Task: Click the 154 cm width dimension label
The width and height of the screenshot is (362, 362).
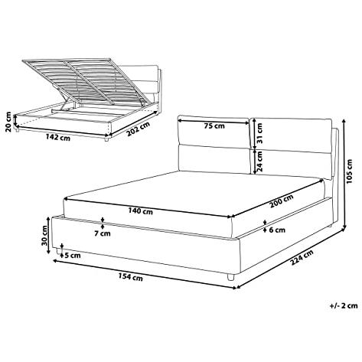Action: [130, 277]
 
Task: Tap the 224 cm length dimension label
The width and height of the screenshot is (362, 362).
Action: [302, 258]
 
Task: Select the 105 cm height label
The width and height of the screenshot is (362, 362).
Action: [349, 171]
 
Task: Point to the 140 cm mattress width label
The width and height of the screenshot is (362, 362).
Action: [141, 211]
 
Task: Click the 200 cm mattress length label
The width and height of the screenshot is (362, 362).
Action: [282, 201]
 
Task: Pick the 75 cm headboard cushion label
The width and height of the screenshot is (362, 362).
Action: [214, 126]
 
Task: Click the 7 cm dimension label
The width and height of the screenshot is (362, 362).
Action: [103, 233]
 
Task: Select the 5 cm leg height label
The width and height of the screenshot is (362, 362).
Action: [73, 256]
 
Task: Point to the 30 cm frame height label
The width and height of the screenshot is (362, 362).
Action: [44, 236]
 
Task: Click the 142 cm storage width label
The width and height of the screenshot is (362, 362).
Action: [57, 138]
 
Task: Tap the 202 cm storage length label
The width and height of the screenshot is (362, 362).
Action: [138, 129]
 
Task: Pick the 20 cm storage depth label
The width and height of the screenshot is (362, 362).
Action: [8, 122]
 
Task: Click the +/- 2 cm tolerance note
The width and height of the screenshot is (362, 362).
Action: [344, 305]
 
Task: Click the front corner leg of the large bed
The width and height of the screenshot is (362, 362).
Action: [230, 277]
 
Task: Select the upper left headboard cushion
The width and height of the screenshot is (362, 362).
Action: [214, 132]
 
